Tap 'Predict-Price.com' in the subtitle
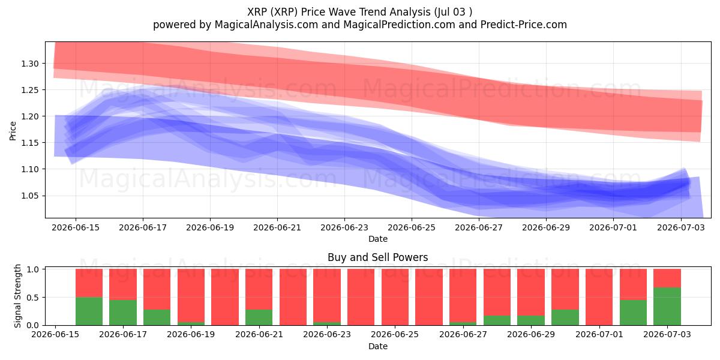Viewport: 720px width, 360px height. coord(524,25)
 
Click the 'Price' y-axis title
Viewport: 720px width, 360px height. coord(13,131)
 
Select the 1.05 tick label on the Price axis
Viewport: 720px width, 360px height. coord(30,196)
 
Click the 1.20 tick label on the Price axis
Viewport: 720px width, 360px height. coord(30,116)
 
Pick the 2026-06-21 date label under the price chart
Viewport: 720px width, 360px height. coord(277,227)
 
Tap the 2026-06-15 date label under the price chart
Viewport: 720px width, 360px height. coord(76,227)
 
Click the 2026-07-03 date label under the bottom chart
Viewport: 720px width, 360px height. coord(667,334)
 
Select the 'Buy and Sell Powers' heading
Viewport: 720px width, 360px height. coord(377,257)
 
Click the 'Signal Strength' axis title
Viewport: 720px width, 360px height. coord(17,296)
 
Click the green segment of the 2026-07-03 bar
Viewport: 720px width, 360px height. coord(667,307)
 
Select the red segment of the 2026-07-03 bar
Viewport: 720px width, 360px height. coord(667,278)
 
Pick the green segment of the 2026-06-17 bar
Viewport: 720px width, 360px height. coord(123,313)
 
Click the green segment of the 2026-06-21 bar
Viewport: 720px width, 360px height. coord(259,317)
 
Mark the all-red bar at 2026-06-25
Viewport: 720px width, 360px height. coord(395,297)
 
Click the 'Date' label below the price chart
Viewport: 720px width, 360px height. coord(377,239)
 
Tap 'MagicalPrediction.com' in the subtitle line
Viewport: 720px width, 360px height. coord(399,25)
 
